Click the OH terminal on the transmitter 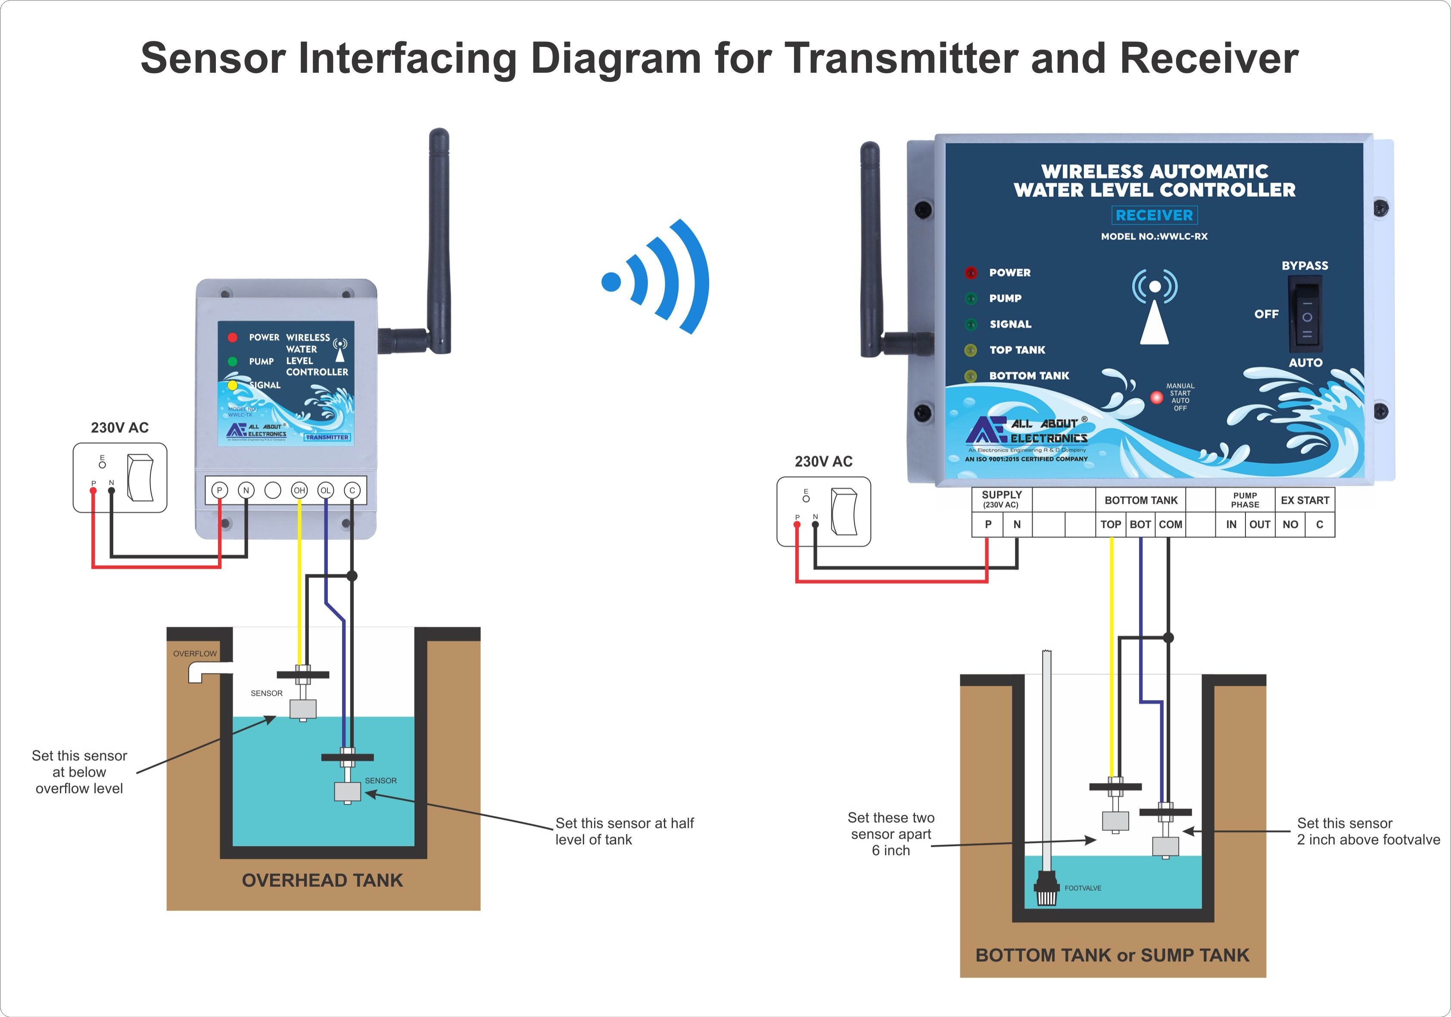[299, 490]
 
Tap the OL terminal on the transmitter [325, 490]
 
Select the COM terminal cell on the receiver [1171, 524]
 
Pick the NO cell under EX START [1290, 524]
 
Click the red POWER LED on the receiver [971, 273]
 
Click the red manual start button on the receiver [1156, 397]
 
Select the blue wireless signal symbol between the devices [657, 278]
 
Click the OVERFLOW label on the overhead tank [195, 654]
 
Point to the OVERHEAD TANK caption [322, 881]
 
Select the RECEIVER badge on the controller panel [1154, 215]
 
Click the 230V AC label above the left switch [119, 428]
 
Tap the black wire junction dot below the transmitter [352, 576]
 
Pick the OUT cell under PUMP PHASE [1260, 524]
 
